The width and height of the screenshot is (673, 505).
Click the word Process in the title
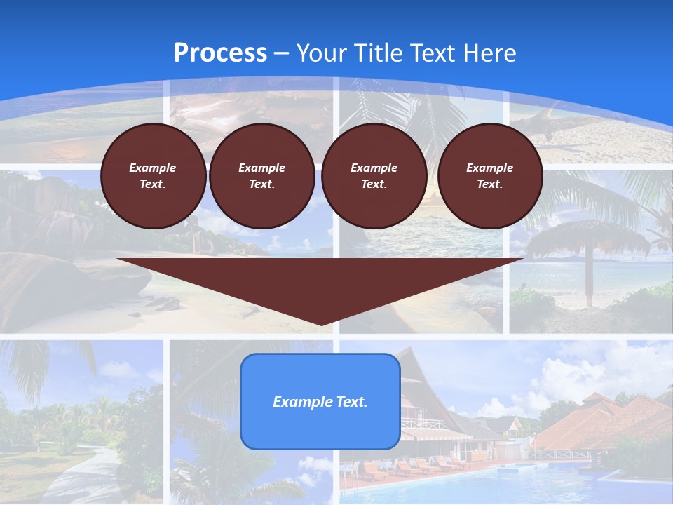220,53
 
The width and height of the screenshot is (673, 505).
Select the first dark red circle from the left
153,176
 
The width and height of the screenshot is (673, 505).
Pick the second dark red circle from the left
261,176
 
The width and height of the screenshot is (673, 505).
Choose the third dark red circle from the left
374,176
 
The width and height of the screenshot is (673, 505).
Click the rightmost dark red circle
489,176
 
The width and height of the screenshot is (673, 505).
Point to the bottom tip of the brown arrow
320,324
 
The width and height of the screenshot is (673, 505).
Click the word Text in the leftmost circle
153,184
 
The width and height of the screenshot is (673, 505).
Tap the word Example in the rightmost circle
489,168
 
